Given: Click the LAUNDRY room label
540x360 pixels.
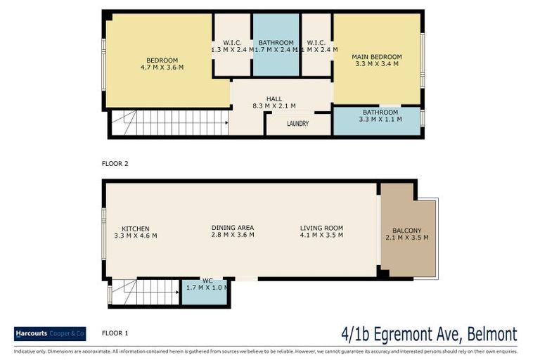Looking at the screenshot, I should (298, 124).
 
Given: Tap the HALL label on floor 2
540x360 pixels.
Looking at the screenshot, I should (274, 98).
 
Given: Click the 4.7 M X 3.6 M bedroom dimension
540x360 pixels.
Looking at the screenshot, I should (162, 67).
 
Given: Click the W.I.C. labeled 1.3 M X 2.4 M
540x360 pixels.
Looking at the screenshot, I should (232, 46).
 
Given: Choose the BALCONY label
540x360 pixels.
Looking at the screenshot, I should (407, 230).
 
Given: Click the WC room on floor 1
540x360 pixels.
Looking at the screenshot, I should (206, 288).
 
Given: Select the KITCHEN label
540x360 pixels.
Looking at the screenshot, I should (135, 229).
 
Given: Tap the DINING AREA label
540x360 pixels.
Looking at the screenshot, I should (232, 228).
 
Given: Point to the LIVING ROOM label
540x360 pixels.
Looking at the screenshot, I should (321, 228).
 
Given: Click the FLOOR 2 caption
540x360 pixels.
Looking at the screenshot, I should (115, 163).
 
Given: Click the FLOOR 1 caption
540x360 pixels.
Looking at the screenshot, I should (115, 333).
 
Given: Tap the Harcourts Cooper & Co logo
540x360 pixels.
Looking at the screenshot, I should (50, 333).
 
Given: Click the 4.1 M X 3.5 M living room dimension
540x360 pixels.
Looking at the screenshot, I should (321, 236).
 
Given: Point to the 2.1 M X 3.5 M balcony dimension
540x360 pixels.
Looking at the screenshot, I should (407, 238).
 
